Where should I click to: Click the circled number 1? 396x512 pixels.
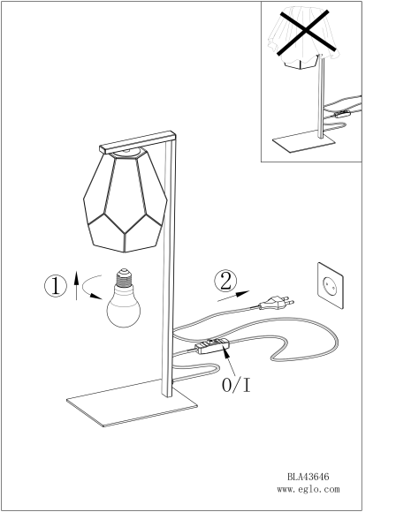[x=56, y=286]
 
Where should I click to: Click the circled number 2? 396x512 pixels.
[x=225, y=281]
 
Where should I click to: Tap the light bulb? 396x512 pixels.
[x=124, y=297]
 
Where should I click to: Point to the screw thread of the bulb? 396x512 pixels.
[x=124, y=277]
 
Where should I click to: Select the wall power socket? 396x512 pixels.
[x=331, y=285]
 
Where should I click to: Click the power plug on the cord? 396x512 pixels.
[x=277, y=303]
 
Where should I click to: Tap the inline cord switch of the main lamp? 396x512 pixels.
[x=212, y=346]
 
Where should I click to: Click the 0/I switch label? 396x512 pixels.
[x=236, y=385]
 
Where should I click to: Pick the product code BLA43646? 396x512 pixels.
[x=308, y=477]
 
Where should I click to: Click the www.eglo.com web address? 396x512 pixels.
[x=308, y=489]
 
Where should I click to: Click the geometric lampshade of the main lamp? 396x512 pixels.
[x=126, y=200]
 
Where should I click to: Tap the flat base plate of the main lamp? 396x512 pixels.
[x=132, y=403]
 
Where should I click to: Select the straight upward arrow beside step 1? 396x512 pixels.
[x=76, y=285]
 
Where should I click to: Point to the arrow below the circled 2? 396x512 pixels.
[x=233, y=296]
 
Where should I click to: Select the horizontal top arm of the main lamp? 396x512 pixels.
[x=138, y=142]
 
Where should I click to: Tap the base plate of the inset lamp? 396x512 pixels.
[x=304, y=141]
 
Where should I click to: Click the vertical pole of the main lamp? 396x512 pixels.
[x=169, y=266]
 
